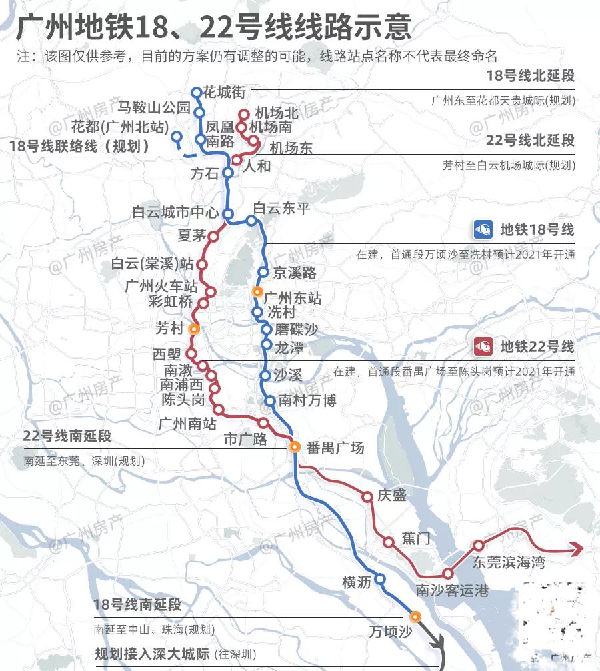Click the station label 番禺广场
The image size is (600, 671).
click(335, 448)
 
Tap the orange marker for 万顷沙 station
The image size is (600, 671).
click(415, 616)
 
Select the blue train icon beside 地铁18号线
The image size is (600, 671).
click(483, 230)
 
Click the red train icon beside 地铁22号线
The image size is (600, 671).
click(483, 347)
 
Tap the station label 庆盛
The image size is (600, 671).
click(391, 496)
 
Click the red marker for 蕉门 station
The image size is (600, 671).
click(389, 542)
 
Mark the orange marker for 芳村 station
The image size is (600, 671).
click(194, 329)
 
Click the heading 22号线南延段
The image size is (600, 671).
click(67, 436)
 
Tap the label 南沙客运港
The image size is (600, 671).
click(452, 590)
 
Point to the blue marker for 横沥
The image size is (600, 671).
click(380, 579)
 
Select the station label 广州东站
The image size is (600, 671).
click(293, 298)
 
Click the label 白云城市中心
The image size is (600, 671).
click(175, 213)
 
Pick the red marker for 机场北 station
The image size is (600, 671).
click(243, 114)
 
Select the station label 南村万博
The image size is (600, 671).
click(307, 400)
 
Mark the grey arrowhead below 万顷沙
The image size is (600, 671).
click(439, 644)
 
